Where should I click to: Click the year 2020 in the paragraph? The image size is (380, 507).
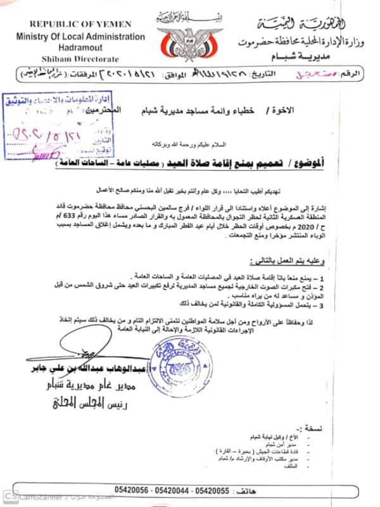click(345, 232)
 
